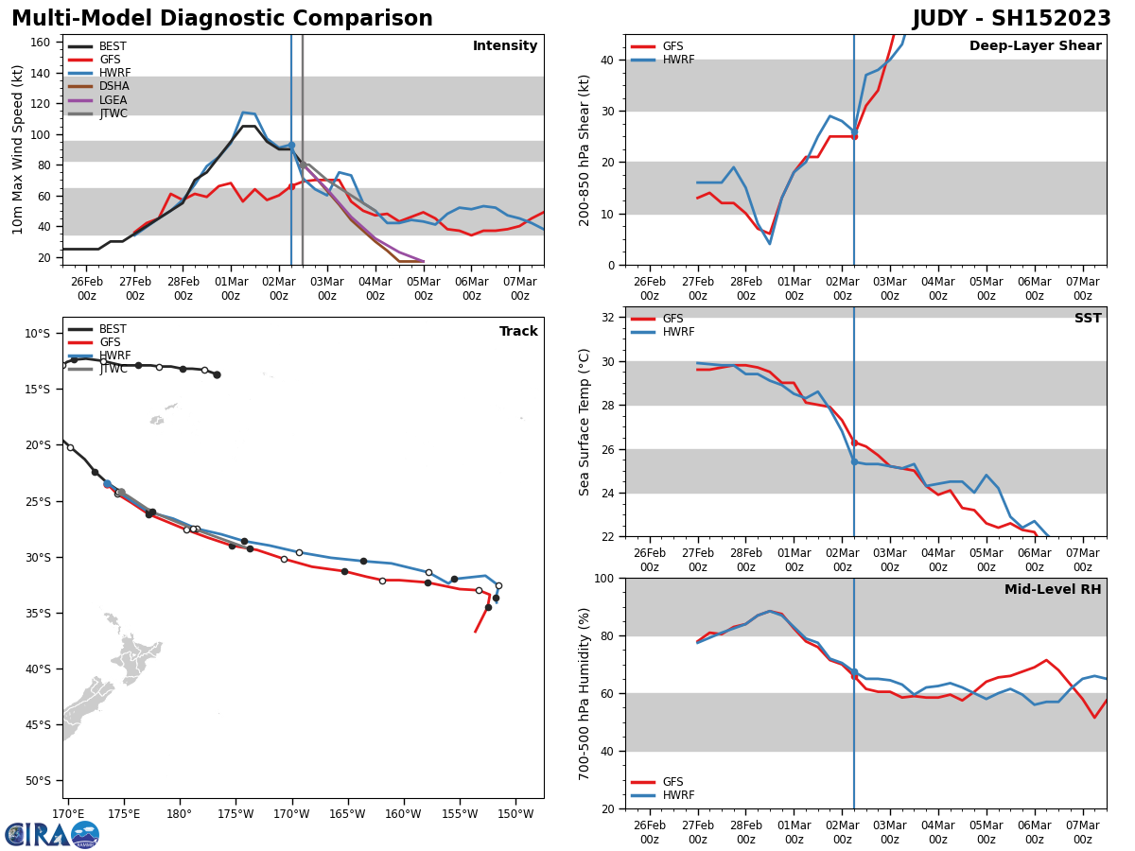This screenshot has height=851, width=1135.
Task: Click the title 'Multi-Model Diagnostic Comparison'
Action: pos(222,19)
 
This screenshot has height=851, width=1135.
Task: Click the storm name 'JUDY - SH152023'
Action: pos(1011,19)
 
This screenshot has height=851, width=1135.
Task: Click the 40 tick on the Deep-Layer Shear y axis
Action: pos(608,60)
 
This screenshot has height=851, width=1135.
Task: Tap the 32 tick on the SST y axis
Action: pos(608,318)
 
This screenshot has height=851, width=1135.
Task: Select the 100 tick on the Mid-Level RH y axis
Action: pos(604,578)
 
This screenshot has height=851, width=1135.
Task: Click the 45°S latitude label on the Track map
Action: pos(39,725)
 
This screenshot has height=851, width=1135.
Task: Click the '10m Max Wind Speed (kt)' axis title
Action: pos(18,149)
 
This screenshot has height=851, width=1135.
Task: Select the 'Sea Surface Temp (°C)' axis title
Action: pos(585,422)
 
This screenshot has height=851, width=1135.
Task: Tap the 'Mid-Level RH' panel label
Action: pos(1053,590)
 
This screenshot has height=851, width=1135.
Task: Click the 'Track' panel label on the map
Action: pos(518,332)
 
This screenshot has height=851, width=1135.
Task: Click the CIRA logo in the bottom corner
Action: pos(52,834)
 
